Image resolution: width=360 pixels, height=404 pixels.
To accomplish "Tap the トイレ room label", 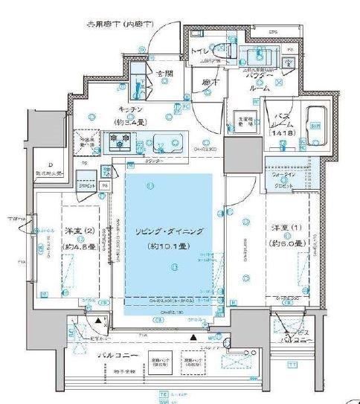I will (x=202, y=51).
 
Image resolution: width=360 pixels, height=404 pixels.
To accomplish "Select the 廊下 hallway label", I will (x=208, y=84).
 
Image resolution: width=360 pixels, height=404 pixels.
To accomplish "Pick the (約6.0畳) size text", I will (x=286, y=243).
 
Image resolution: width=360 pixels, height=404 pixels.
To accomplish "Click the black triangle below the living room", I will (x=193, y=339).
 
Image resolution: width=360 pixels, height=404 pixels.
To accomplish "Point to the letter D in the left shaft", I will (x=51, y=165).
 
